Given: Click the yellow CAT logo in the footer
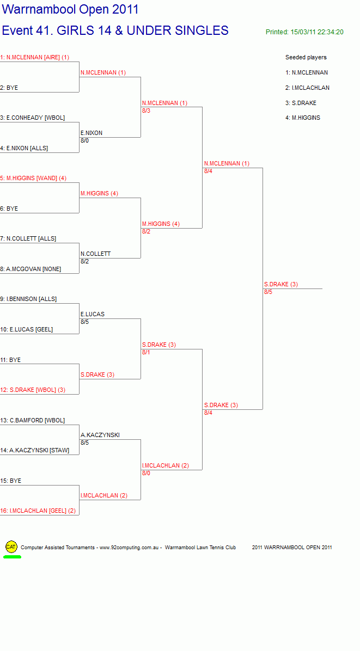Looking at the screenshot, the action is click(11, 547).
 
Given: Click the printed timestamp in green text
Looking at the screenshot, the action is click(304, 32).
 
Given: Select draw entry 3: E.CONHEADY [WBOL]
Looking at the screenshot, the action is click(32, 118).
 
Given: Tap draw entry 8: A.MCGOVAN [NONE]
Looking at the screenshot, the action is click(30, 269).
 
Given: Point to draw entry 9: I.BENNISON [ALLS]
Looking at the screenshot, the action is click(28, 299).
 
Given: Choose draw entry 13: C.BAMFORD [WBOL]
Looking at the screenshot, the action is click(32, 420).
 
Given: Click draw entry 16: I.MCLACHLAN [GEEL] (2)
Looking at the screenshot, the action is click(38, 511).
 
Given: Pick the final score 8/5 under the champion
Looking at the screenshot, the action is click(269, 292).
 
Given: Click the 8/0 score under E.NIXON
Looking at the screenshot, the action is click(85, 141).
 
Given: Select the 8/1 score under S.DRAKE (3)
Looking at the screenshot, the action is click(146, 353).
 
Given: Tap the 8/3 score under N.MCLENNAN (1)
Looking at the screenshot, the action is click(146, 110).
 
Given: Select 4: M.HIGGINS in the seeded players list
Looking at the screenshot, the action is click(303, 118).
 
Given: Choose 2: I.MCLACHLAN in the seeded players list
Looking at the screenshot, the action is click(307, 88).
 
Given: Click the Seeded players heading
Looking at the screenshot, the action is click(306, 57).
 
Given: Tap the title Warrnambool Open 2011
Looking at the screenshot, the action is click(70, 10).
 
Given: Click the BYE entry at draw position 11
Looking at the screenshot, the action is click(10, 360).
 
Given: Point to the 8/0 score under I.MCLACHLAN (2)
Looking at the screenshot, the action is click(146, 474).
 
